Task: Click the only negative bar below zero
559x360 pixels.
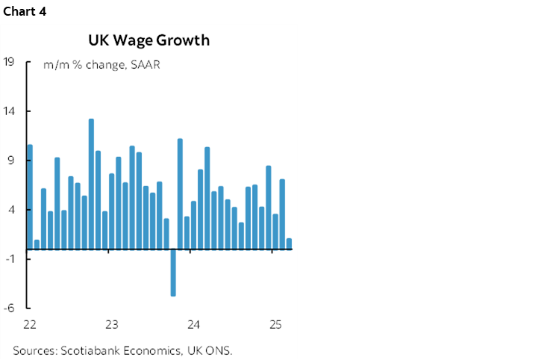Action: (173, 273)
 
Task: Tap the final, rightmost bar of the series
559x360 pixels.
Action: (289, 243)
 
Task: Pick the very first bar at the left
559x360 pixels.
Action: (30, 196)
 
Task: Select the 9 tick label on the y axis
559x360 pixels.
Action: (12, 161)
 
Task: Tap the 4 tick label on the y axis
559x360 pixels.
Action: (12, 210)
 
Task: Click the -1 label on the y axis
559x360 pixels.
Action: (10, 259)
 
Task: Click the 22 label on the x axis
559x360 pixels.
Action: (30, 325)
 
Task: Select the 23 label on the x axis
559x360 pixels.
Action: (112, 325)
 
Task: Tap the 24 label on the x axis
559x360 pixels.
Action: (193, 325)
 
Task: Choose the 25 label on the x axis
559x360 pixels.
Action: (275, 325)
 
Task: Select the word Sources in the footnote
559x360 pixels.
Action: (34, 350)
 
